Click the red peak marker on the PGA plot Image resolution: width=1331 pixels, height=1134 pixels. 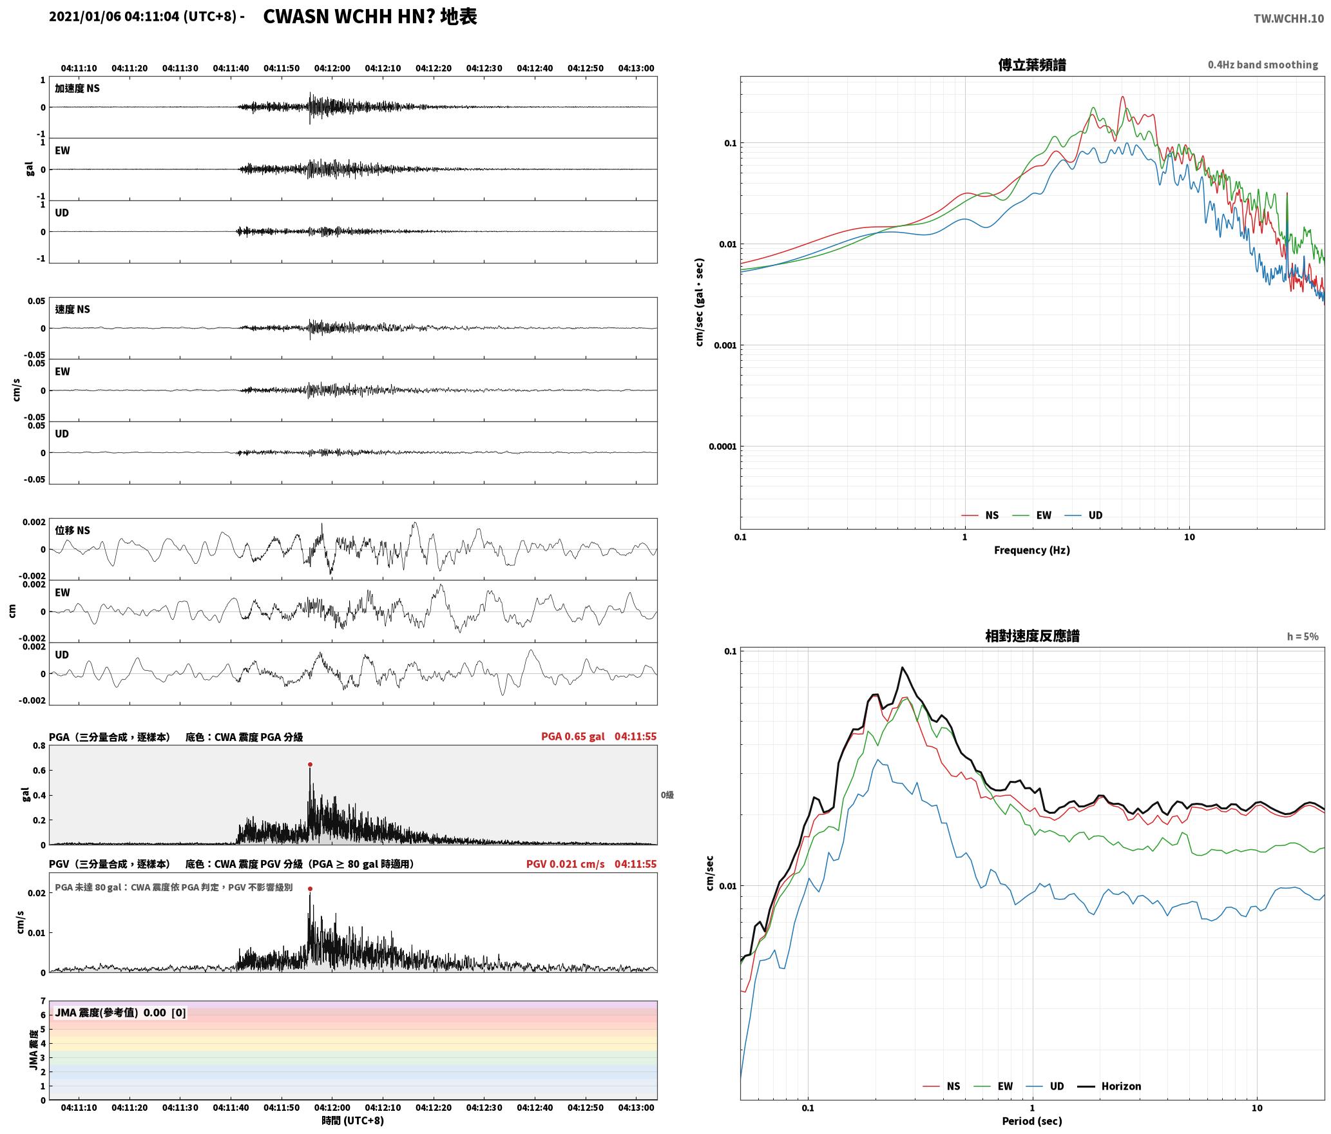click(310, 765)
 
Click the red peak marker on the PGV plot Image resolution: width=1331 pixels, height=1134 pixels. click(310, 889)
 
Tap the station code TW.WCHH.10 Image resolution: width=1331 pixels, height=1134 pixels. click(1288, 19)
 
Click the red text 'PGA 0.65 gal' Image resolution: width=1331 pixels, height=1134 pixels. click(573, 736)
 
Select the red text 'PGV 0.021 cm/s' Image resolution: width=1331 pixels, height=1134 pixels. click(565, 864)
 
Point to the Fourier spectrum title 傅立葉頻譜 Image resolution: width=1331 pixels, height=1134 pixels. click(1032, 64)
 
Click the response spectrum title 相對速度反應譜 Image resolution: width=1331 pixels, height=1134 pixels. click(1032, 636)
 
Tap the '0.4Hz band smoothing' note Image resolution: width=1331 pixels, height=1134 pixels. click(1263, 65)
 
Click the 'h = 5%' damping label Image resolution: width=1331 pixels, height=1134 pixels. click(1303, 637)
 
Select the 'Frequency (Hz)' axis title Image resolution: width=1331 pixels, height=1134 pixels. click(1032, 550)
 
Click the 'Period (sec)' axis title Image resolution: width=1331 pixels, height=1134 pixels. click(1032, 1121)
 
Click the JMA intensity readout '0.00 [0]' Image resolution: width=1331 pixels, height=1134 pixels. click(165, 1013)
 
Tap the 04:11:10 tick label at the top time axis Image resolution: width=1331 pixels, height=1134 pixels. click(79, 68)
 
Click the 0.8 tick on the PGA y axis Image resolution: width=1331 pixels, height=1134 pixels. click(39, 746)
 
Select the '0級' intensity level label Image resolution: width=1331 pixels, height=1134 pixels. click(667, 795)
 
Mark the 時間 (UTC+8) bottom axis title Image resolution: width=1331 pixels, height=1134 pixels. click(353, 1120)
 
